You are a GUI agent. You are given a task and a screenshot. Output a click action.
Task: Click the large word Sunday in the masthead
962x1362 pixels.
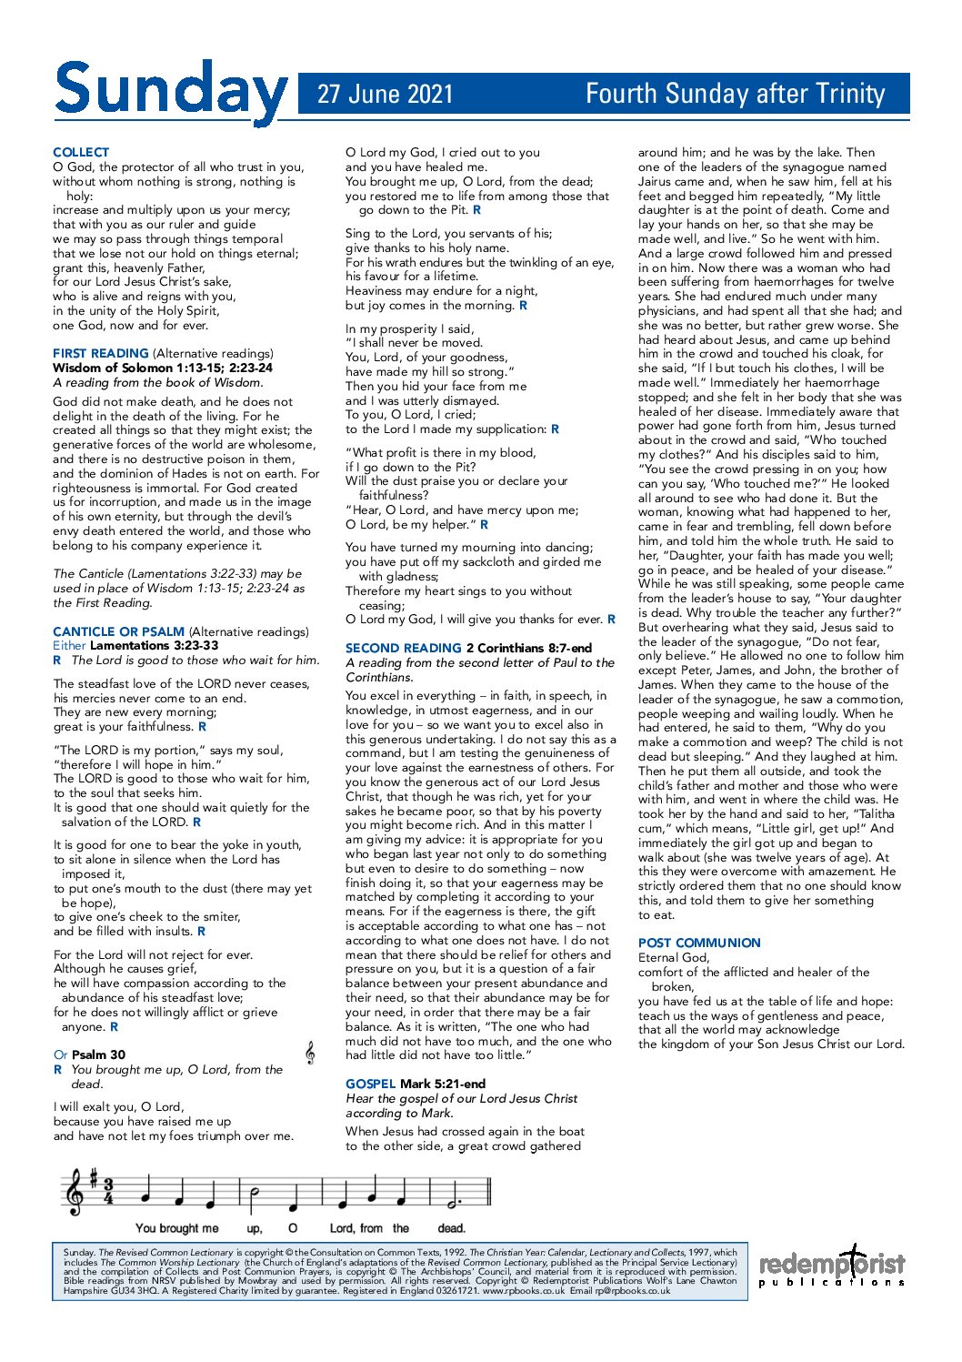click(x=170, y=92)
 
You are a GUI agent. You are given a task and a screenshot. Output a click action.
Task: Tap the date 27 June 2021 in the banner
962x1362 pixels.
click(x=385, y=94)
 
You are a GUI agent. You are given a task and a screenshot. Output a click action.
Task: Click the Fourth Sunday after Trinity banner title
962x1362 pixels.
click(x=735, y=94)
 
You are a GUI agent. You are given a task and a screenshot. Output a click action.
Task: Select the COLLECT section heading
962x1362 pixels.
click(x=81, y=152)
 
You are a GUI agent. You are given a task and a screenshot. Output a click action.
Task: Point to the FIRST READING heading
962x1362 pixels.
click(x=101, y=353)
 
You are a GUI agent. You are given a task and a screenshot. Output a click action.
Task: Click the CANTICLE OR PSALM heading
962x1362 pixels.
click(x=118, y=631)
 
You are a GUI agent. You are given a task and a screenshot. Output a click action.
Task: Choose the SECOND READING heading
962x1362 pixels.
click(x=404, y=648)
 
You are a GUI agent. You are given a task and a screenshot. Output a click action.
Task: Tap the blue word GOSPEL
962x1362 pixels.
click(x=370, y=1084)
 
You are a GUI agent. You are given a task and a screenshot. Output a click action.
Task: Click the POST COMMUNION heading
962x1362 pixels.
click(x=699, y=943)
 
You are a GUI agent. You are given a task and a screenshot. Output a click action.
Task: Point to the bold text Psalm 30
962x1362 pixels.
click(x=99, y=1054)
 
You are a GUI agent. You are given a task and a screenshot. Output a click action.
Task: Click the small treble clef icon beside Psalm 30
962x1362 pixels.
click(x=310, y=1053)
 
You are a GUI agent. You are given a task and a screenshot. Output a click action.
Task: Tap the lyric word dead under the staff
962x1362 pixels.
click(x=451, y=1228)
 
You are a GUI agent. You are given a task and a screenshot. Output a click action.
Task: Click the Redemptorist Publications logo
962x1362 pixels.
click(x=832, y=1266)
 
